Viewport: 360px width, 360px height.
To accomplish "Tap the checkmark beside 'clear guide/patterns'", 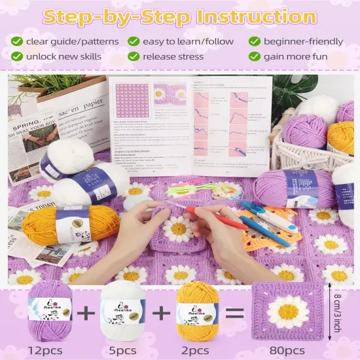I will click(16, 41).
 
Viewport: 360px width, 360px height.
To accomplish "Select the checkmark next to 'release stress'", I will click(134, 56).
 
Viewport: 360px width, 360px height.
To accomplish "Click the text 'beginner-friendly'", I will click(303, 41).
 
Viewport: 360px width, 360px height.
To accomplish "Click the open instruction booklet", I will click(190, 124).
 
